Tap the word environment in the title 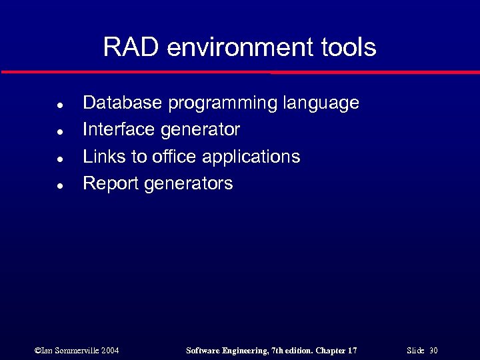(x=237, y=47)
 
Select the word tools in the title (x=347, y=47)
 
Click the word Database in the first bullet (x=122, y=103)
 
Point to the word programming (x=223, y=104)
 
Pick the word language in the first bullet (x=321, y=104)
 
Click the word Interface (x=119, y=129)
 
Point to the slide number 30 (x=433, y=351)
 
